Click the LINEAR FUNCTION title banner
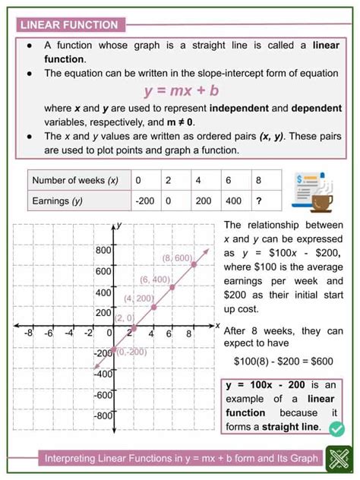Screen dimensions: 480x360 tap(71, 24)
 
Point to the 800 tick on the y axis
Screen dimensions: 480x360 tap(103, 250)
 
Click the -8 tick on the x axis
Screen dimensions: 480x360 tap(29, 333)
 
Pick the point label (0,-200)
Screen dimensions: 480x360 tap(131, 351)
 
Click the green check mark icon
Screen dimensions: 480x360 tap(337, 429)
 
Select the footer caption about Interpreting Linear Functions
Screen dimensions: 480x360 tap(171, 458)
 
